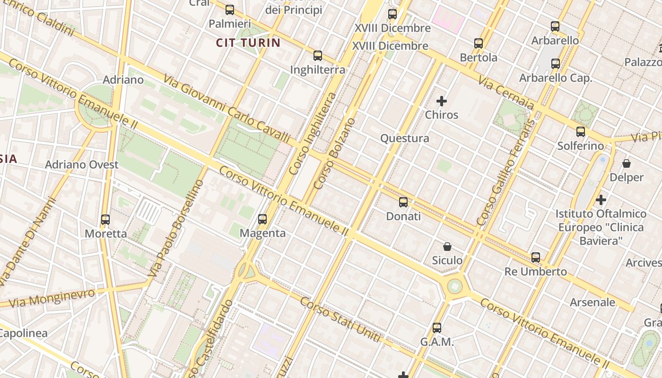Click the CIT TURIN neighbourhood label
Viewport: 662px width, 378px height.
pyautogui.click(x=248, y=43)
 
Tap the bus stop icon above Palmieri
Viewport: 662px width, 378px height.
pyautogui.click(x=230, y=10)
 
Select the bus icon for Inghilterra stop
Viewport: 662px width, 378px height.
pyautogui.click(x=318, y=56)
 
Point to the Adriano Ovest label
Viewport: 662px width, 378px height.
pyautogui.click(x=82, y=164)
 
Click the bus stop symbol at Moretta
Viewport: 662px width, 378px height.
pyautogui.click(x=105, y=220)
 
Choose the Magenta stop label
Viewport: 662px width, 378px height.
pyautogui.click(x=262, y=233)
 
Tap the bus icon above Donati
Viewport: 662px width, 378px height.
pyautogui.click(x=403, y=202)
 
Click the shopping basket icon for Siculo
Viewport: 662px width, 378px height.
pyautogui.click(x=447, y=246)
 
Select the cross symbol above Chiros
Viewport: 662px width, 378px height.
pyautogui.click(x=442, y=101)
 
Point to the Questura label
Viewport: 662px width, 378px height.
pyautogui.click(x=405, y=138)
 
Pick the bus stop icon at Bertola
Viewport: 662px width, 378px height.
pyautogui.click(x=479, y=43)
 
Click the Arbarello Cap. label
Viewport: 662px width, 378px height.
pyautogui.click(x=556, y=78)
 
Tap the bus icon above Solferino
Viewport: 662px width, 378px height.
pyautogui.click(x=581, y=132)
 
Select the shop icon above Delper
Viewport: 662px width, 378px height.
pyautogui.click(x=627, y=163)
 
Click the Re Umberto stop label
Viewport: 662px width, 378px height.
pyautogui.click(x=536, y=272)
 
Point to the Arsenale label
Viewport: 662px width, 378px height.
pyautogui.click(x=592, y=302)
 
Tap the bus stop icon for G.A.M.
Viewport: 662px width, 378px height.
pyautogui.click(x=437, y=327)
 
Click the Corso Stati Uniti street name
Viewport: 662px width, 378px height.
pyautogui.click(x=340, y=320)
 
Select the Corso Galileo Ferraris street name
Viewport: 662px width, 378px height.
pyautogui.click(x=506, y=172)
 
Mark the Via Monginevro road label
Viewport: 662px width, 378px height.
pyautogui.click(x=52, y=298)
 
